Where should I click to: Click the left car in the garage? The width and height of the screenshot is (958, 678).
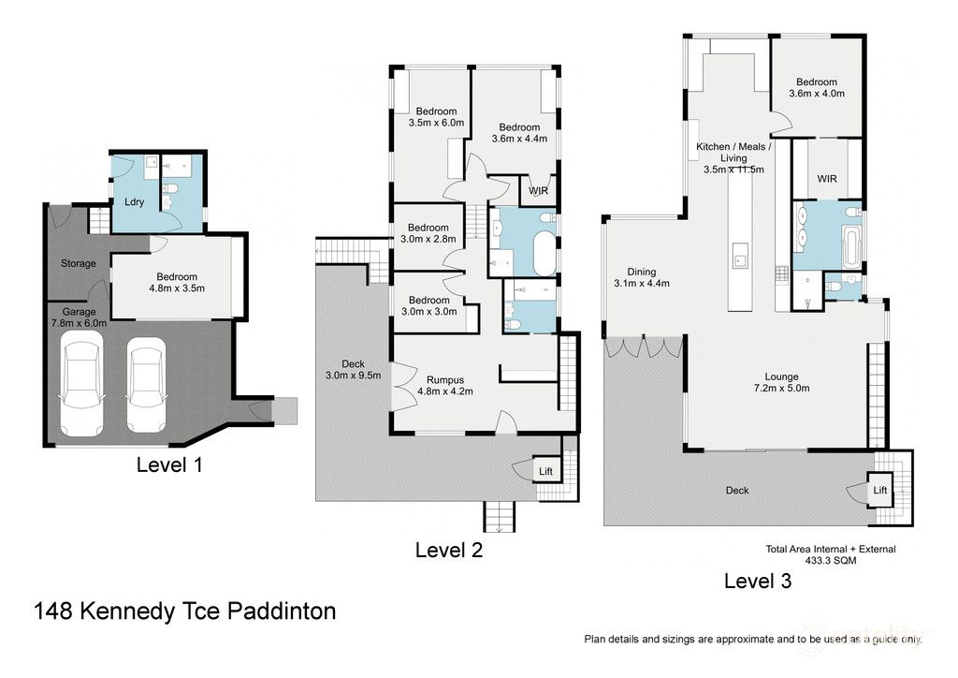click(80, 385)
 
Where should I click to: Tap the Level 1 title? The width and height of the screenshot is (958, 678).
click(168, 464)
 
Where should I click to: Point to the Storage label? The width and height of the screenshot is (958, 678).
click(79, 263)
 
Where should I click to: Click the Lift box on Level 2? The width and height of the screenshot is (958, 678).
click(545, 471)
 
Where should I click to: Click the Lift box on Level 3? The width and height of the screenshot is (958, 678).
click(879, 490)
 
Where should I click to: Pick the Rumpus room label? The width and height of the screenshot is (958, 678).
click(440, 379)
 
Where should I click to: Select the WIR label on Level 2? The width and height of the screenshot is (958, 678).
click(538, 191)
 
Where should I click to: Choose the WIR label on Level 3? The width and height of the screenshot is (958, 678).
click(826, 179)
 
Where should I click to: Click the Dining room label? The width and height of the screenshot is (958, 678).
click(635, 272)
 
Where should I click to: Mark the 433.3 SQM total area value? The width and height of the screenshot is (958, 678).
click(830, 561)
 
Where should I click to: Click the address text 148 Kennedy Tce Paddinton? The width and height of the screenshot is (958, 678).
click(184, 612)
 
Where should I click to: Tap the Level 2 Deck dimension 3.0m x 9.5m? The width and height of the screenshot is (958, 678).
click(353, 376)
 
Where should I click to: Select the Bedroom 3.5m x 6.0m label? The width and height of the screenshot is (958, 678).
click(436, 122)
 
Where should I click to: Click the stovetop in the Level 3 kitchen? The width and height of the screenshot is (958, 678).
click(782, 273)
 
